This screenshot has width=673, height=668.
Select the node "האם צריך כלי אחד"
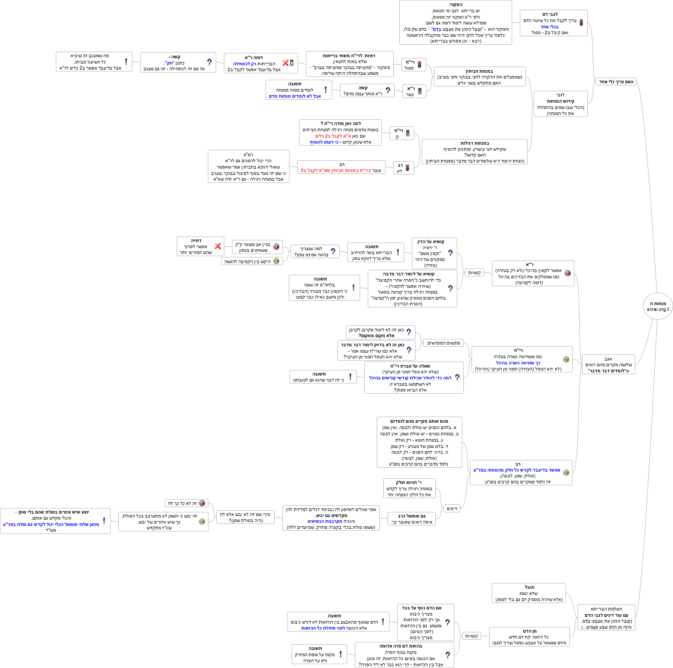(x=616, y=81)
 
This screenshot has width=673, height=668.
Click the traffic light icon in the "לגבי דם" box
(x=581, y=23)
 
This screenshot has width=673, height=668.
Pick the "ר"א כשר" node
(x=414, y=91)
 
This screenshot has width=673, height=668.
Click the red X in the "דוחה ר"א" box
(x=285, y=63)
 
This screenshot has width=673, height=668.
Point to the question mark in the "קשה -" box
(x=209, y=62)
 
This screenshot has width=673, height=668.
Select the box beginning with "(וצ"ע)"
(x=248, y=166)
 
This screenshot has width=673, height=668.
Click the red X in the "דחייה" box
(x=218, y=246)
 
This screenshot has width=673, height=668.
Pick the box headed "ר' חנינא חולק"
(x=409, y=488)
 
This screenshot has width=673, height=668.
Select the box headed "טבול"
(x=528, y=593)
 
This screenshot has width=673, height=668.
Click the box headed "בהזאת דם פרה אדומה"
(x=404, y=655)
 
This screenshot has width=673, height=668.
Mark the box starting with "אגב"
(x=608, y=364)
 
